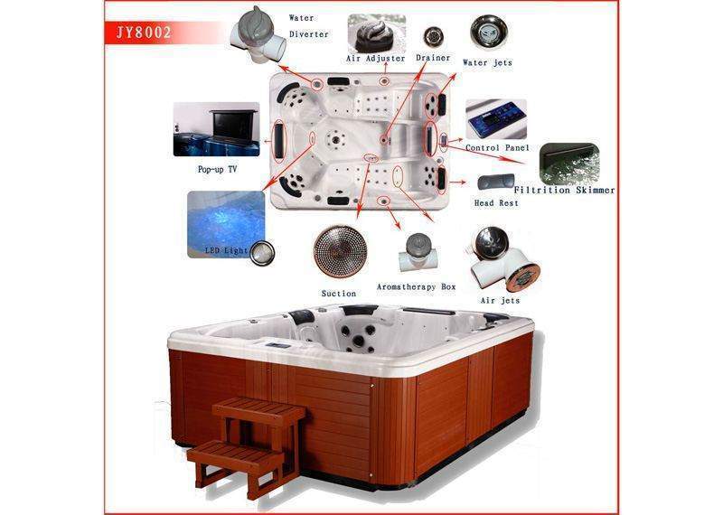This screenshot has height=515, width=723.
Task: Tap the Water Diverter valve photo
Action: [x=259, y=34]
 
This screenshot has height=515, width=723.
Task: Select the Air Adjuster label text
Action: [x=375, y=59]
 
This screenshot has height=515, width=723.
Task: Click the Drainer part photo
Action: [x=434, y=37]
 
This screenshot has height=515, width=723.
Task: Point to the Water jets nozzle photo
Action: [x=489, y=33]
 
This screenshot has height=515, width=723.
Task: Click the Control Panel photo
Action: [x=495, y=119]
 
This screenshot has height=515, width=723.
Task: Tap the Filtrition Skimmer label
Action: [x=564, y=190]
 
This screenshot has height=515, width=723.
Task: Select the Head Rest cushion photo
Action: [x=495, y=182]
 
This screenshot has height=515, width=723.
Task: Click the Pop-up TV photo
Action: [x=216, y=129]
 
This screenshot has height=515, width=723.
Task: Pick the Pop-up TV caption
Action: [x=217, y=169]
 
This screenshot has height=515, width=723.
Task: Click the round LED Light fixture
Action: [x=262, y=253]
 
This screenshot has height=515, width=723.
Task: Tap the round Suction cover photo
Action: [x=340, y=251]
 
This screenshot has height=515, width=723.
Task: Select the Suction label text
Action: [x=339, y=294]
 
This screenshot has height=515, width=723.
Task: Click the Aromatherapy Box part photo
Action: [x=418, y=252]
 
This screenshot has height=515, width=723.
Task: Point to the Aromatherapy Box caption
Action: [x=416, y=287]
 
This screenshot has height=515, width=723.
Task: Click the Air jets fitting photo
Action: [x=504, y=259]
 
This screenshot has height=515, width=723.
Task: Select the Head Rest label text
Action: [x=496, y=203]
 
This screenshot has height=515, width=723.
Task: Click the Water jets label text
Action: [x=487, y=62]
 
